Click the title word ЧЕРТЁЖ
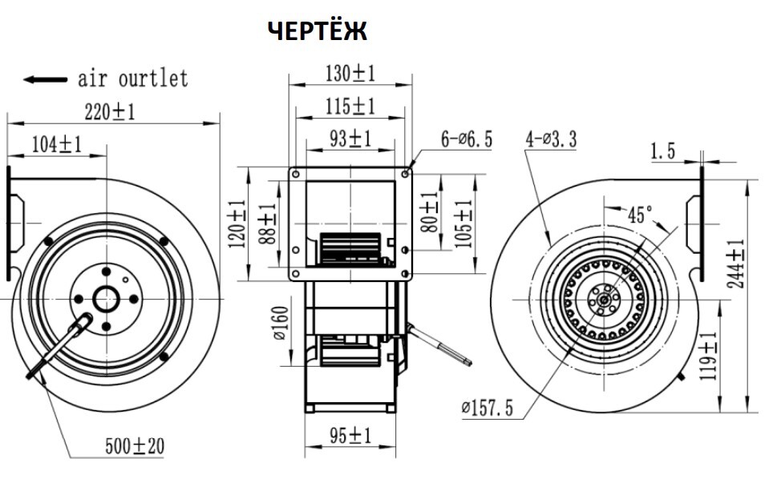pyautogui.click(x=318, y=30)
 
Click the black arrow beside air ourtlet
pyautogui.click(x=46, y=79)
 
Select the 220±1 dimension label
pyautogui.click(x=110, y=112)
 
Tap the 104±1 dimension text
pyautogui.click(x=56, y=144)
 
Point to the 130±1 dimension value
pyautogui.click(x=350, y=74)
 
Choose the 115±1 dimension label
pyautogui.click(x=350, y=107)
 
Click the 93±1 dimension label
pyautogui.click(x=350, y=139)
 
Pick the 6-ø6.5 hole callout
pyautogui.click(x=467, y=139)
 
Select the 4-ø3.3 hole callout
pyautogui.click(x=552, y=139)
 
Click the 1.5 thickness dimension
pyautogui.click(x=663, y=151)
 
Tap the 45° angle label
pyautogui.click(x=641, y=215)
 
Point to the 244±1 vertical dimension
pyautogui.click(x=736, y=264)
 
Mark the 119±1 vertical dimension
pyautogui.click(x=708, y=356)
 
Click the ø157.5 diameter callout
pyautogui.click(x=487, y=408)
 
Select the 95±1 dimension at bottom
pyautogui.click(x=350, y=436)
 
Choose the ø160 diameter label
pyautogui.click(x=281, y=323)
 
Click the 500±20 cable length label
pyautogui.click(x=135, y=446)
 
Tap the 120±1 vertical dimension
pyautogui.click(x=237, y=224)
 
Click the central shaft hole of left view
pyautogui.click(x=106, y=300)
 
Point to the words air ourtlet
pyautogui.click(x=133, y=78)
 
